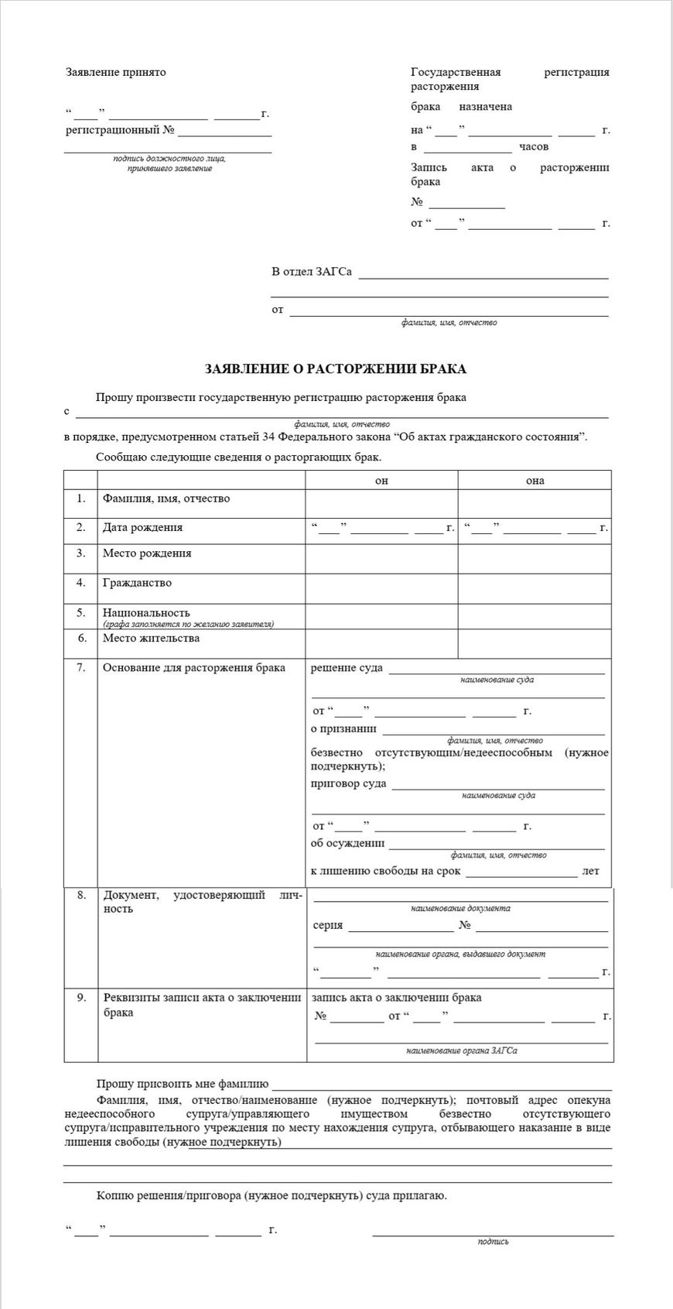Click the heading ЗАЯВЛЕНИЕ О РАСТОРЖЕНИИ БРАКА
tap(335, 368)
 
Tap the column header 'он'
tap(381, 481)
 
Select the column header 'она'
tap(535, 481)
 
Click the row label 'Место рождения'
tap(147, 553)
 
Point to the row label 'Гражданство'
tap(137, 583)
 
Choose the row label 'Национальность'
tap(146, 612)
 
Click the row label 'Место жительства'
tap(151, 638)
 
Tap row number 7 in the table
tap(80, 667)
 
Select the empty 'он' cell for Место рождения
tap(381, 558)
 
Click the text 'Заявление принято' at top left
tap(116, 72)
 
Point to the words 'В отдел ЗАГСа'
tap(312, 272)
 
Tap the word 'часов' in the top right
tap(534, 146)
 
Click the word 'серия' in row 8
tap(328, 925)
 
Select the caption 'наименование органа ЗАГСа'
tap(462, 1050)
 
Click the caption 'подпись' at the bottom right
tap(494, 1241)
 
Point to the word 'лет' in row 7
tap(590, 871)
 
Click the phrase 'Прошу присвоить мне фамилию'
tap(183, 1084)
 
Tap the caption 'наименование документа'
tap(460, 908)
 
